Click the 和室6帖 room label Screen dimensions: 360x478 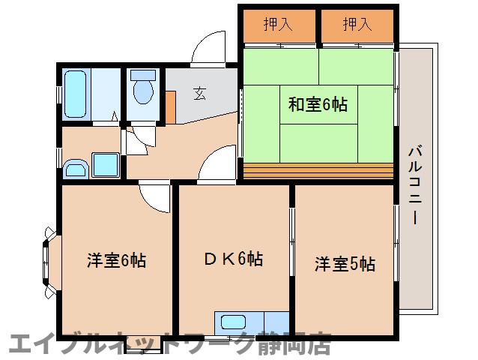click(318, 105)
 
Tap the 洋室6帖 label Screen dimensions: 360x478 click(116, 261)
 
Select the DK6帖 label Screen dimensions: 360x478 click(233, 260)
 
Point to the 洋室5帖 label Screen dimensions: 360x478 click(344, 264)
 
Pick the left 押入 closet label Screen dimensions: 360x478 click(278, 25)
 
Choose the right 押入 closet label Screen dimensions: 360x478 click(357, 25)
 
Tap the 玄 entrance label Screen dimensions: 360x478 click(199, 94)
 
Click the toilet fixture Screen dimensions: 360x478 click(142, 89)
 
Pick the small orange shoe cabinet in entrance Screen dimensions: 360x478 click(171, 106)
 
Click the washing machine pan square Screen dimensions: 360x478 click(104, 163)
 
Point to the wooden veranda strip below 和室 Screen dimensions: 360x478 click(318, 171)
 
